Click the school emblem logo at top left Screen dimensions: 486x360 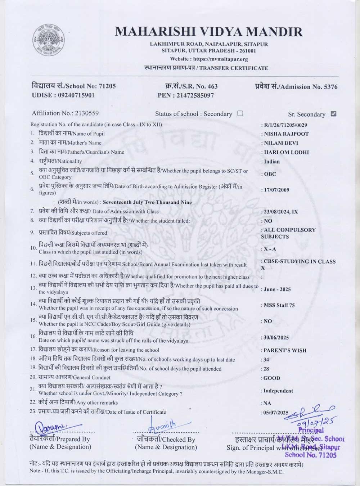pos(49,40)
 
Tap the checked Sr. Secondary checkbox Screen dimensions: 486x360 pos(333,114)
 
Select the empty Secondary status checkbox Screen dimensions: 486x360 pos(240,113)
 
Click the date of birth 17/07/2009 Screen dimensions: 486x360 pos(276,190)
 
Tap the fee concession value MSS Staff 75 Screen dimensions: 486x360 pos(279,305)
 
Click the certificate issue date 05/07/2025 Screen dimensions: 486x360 pos(276,413)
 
